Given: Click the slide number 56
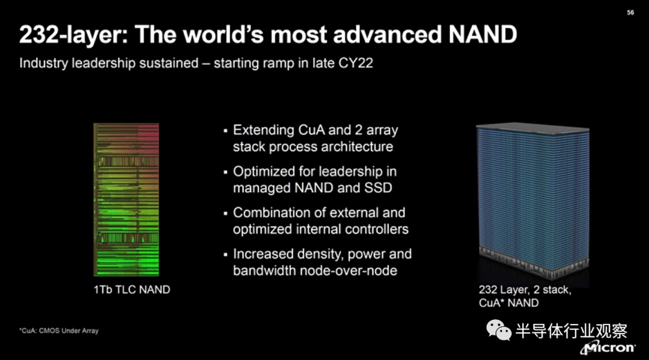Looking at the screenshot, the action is pyautogui.click(x=630, y=13).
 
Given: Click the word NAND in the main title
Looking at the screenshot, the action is pyautogui.click(x=483, y=34).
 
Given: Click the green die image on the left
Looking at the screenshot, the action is pyautogui.click(x=126, y=200).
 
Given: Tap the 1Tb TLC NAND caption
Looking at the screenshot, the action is pyautogui.click(x=132, y=290).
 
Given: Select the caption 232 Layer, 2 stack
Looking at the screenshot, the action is pyautogui.click(x=525, y=290).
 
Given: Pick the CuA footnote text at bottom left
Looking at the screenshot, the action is pyautogui.click(x=59, y=331).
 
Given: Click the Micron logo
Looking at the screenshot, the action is pyautogui.click(x=608, y=347).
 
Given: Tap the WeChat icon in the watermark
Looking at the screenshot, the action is pyautogui.click(x=499, y=330).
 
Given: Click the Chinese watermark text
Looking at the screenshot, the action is pyautogui.click(x=571, y=331).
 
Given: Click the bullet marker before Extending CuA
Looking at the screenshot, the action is pyautogui.click(x=225, y=131).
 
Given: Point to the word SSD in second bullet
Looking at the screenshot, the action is pyautogui.click(x=378, y=188).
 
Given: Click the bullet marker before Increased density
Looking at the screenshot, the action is pyautogui.click(x=225, y=255).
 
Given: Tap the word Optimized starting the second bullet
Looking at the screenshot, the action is pyautogui.click(x=261, y=172).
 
